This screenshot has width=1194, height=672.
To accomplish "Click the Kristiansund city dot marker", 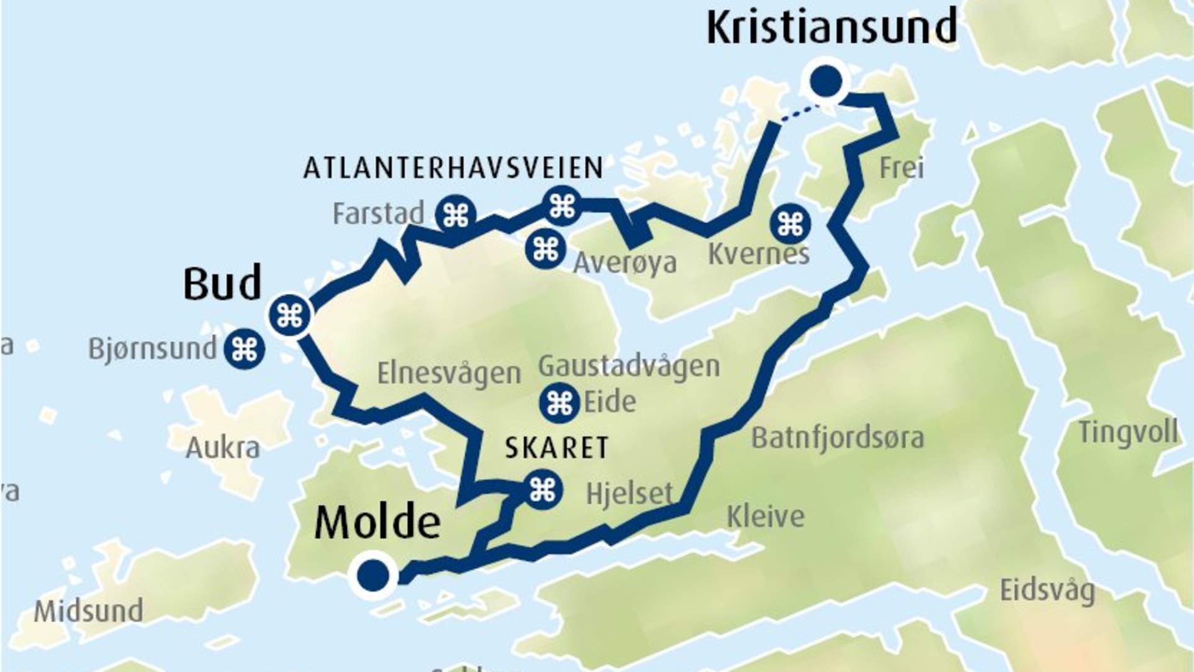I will [826, 80].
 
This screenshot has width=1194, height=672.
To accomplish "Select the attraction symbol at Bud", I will [290, 315].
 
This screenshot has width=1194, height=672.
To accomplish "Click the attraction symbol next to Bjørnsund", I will [244, 349].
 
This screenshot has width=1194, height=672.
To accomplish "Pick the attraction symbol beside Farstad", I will [456, 215].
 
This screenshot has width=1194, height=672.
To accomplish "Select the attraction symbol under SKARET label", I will [542, 490].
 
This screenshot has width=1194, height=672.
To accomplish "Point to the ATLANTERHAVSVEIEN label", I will [453, 169].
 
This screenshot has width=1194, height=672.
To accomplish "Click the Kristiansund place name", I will [831, 27].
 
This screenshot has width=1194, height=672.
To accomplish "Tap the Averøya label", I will [624, 263].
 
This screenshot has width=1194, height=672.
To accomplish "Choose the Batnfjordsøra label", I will [837, 438].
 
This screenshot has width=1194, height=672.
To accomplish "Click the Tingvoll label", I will [1127, 432].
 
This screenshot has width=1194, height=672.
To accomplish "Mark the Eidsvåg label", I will [1047, 590].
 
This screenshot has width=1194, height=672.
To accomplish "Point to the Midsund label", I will [88, 611].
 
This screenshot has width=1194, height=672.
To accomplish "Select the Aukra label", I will [223, 448].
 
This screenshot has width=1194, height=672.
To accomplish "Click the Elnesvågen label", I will [449, 373].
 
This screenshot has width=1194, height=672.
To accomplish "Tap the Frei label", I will [901, 168].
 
